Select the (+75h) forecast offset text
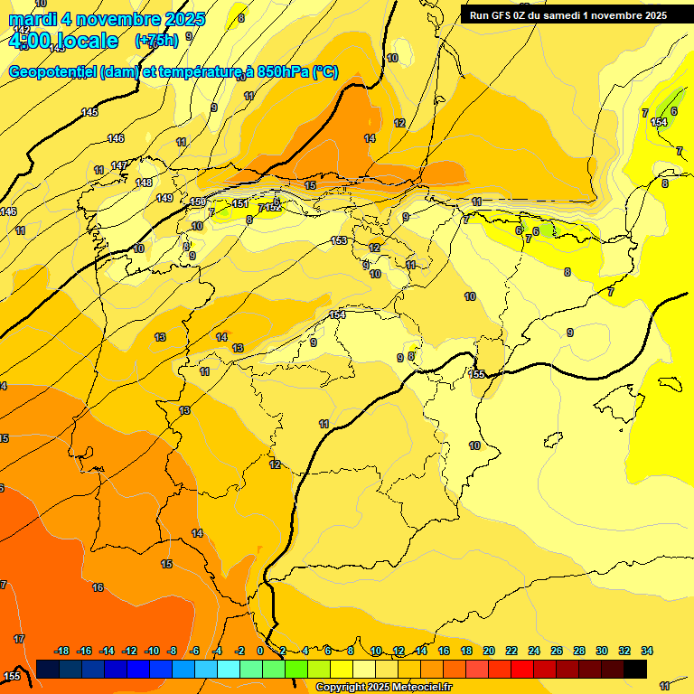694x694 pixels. [x=156, y=41]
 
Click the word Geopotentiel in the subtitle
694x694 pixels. [x=53, y=71]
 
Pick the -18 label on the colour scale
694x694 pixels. [x=61, y=652]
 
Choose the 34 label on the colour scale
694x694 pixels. [x=647, y=652]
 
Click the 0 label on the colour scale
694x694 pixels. [x=260, y=652]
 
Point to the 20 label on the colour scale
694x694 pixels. [x=489, y=652]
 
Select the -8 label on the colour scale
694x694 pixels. [x=172, y=652]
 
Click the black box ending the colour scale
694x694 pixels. [x=635, y=669]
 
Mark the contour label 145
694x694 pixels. [x=89, y=112]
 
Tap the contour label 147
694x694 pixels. [x=119, y=165]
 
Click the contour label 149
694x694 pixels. [x=164, y=198]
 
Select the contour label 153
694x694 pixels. [x=339, y=240]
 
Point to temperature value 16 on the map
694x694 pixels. [x=98, y=587]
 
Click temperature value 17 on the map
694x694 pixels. [x=19, y=639]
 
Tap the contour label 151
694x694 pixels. [x=240, y=203]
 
